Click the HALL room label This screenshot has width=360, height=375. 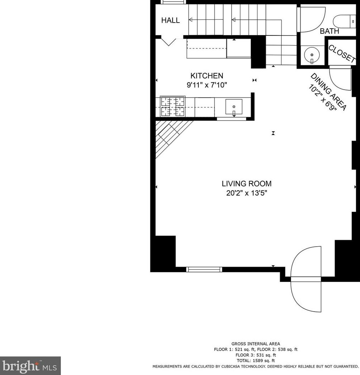(x=170, y=20)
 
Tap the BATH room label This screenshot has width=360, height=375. (x=329, y=32)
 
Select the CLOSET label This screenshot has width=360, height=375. (x=341, y=53)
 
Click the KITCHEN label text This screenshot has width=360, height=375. (x=207, y=76)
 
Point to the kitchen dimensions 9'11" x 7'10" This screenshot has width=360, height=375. (x=207, y=85)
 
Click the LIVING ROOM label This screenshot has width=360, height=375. (x=246, y=184)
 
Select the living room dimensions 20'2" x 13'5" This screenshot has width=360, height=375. (x=246, y=194)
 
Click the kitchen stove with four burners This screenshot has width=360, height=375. (x=173, y=107)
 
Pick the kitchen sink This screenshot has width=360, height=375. (x=234, y=107)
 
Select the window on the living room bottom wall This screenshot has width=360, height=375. (x=204, y=270)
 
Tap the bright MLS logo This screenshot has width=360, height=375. (x=30, y=366)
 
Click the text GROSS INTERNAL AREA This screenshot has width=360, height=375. (x=255, y=344)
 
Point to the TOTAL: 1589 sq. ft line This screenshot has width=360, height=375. (x=255, y=361)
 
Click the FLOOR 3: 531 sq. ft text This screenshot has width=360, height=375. (x=255, y=355)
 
